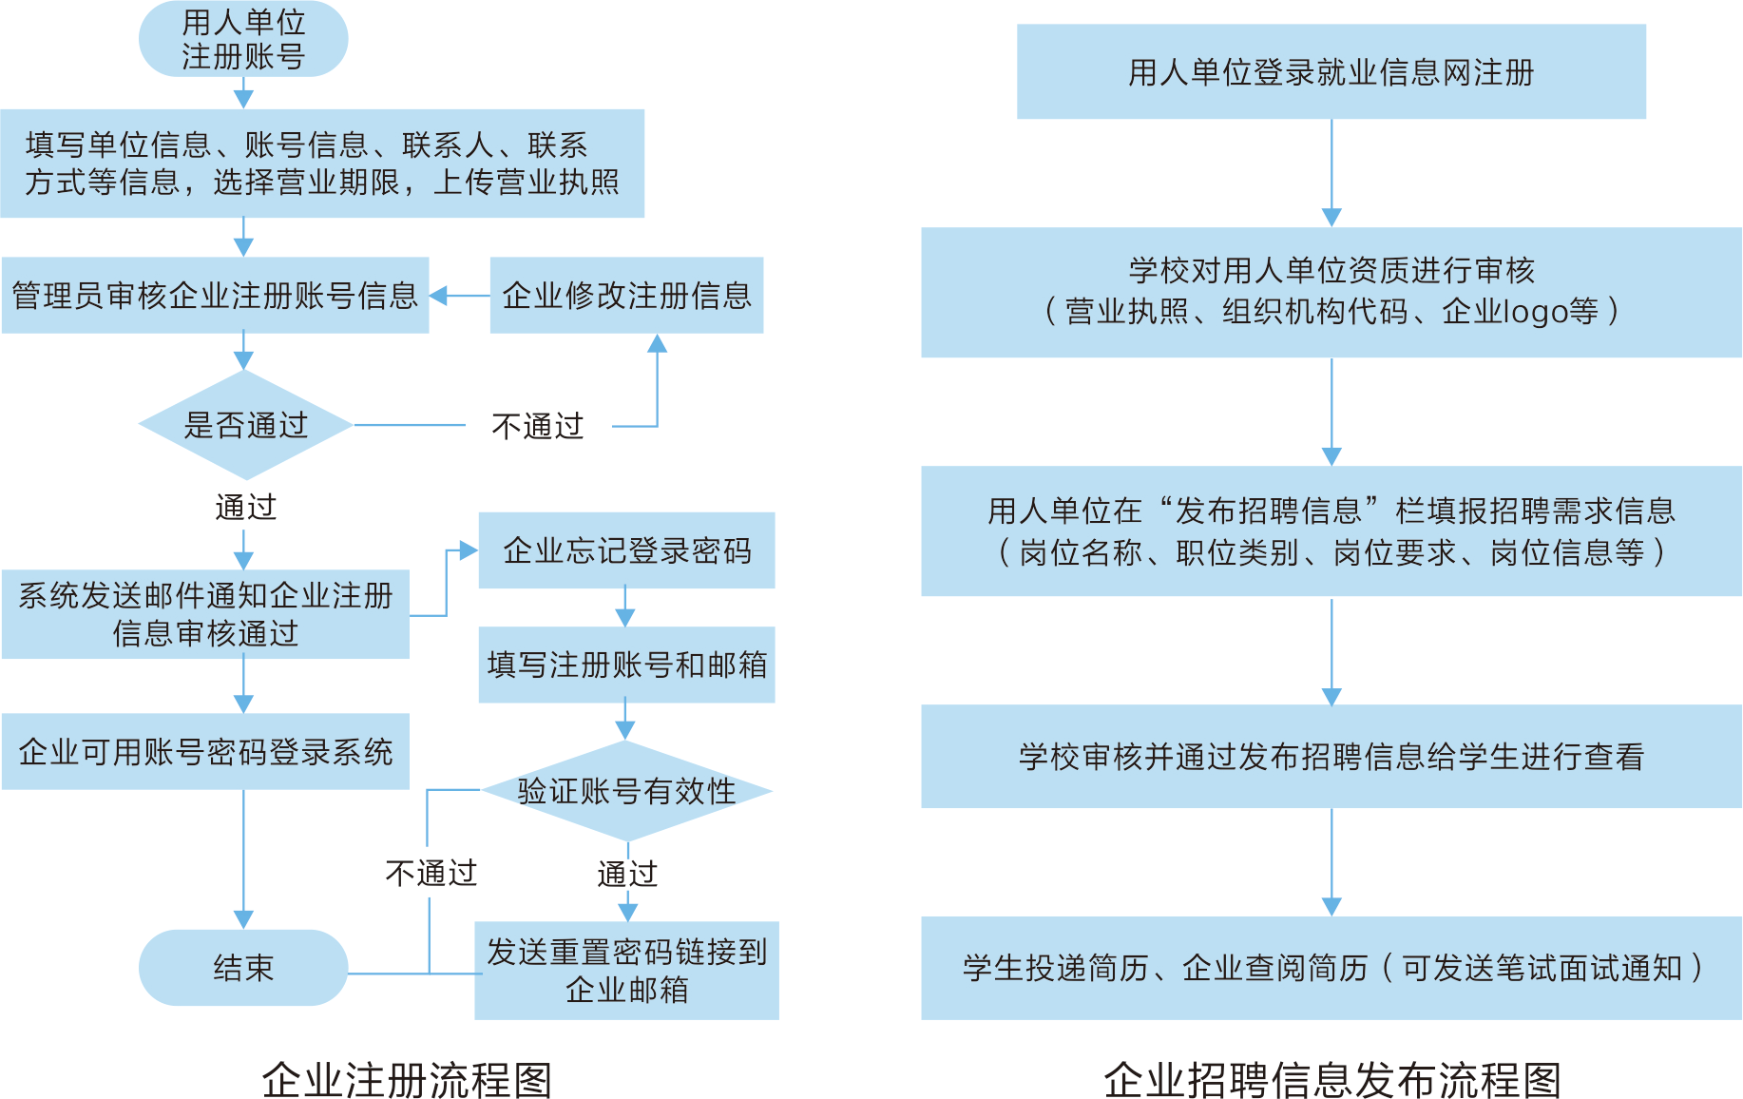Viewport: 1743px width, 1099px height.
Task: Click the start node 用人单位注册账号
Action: [x=243, y=39]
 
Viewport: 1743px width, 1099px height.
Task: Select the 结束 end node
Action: [x=243, y=968]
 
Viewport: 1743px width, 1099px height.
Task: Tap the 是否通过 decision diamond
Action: [x=245, y=425]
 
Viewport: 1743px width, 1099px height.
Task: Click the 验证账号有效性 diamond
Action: [x=626, y=791]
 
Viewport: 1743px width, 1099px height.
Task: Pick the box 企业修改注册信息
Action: [x=626, y=296]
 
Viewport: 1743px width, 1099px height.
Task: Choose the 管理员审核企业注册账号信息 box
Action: [x=215, y=296]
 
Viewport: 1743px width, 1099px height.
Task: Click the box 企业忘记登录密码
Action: [x=626, y=550]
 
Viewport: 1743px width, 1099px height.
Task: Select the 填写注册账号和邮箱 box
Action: [x=626, y=665]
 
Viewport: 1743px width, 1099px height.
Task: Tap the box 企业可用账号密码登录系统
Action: [x=205, y=752]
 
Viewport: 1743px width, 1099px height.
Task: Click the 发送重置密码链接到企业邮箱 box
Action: [x=626, y=971]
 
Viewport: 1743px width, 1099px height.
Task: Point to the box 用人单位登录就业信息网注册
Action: [x=1331, y=72]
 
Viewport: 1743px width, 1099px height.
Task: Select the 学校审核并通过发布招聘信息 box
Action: [x=1331, y=757]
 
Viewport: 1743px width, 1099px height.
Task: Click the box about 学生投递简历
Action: [x=1331, y=968]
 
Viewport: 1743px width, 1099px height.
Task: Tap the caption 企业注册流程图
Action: [x=407, y=1080]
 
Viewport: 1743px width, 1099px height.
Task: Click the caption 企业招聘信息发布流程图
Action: [x=1332, y=1080]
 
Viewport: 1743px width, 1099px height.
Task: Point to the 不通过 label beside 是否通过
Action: [x=538, y=426]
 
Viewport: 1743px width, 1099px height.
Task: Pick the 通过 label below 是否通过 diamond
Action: [x=245, y=507]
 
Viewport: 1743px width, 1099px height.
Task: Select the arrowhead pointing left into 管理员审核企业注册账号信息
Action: [x=438, y=296]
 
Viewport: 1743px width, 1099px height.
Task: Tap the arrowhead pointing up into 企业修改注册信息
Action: [x=657, y=343]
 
